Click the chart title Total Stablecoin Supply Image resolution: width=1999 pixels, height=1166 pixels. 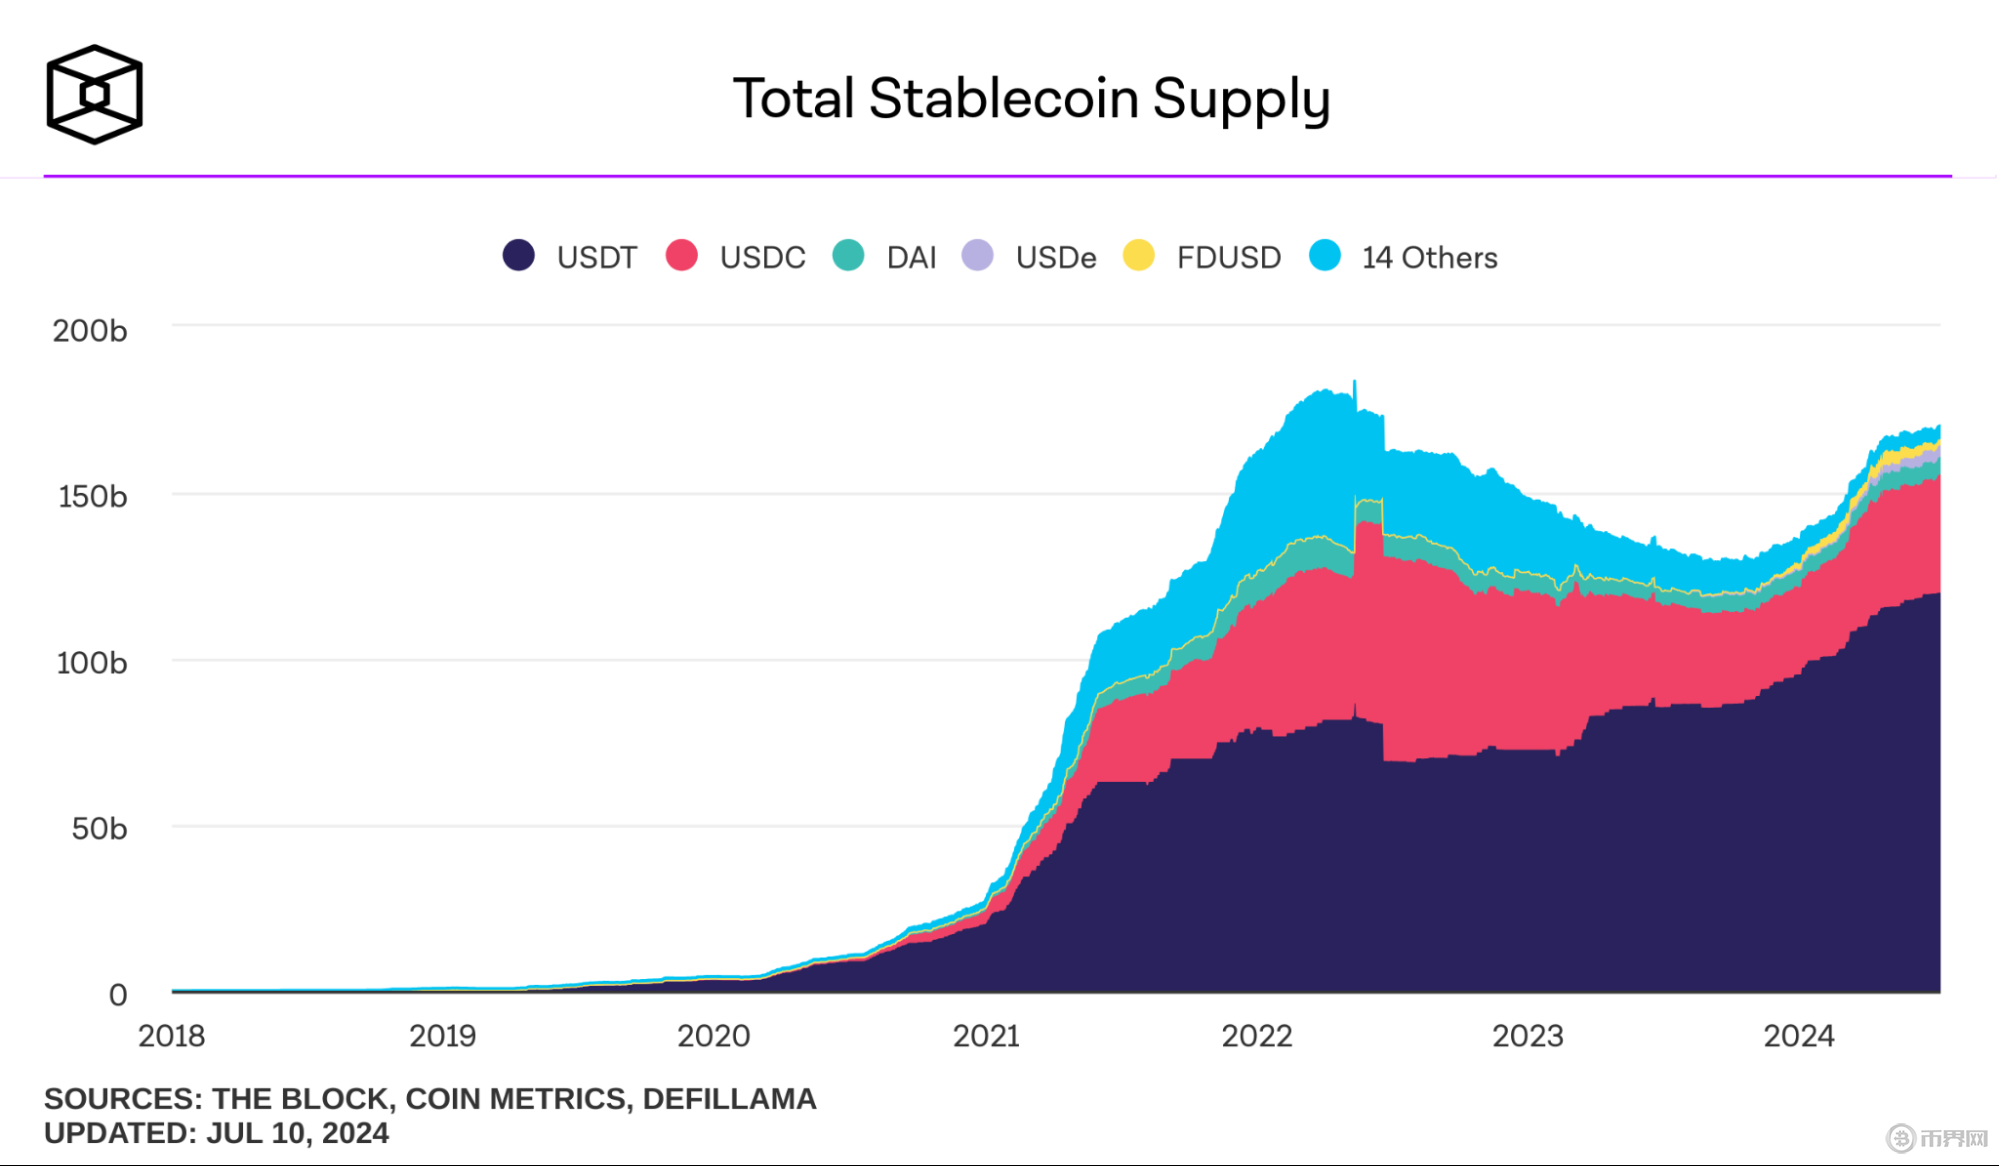1031,99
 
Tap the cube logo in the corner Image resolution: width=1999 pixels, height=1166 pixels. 94,95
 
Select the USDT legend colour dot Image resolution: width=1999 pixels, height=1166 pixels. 518,256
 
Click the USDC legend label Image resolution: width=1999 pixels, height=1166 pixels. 762,258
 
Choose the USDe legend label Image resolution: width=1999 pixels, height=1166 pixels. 1056,258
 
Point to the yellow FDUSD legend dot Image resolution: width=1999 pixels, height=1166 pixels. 1139,256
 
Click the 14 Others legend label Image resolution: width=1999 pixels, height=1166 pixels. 1429,258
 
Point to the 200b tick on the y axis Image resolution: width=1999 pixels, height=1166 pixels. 90,331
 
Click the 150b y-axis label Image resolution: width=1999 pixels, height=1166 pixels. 92,497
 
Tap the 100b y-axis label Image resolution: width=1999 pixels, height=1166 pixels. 92,663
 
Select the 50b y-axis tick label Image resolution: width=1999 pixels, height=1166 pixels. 99,829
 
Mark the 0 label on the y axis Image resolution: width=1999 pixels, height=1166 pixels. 118,995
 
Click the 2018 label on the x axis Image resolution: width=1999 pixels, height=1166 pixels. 171,1036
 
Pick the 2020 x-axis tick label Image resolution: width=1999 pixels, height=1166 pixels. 713,1036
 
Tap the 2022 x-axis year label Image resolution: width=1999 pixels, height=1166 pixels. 1257,1036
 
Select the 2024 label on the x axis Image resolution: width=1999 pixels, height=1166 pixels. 1798,1036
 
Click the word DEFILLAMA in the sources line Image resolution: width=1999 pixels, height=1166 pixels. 729,1099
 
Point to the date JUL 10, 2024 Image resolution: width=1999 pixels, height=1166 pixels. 297,1133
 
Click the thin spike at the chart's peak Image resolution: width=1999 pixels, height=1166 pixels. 1355,392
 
